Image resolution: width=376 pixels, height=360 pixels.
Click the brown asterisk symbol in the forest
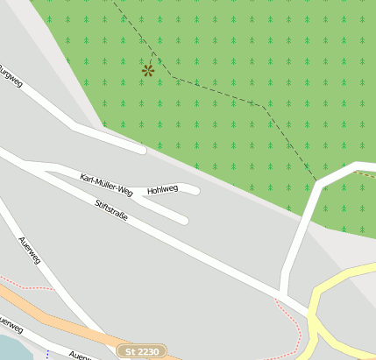point(148,70)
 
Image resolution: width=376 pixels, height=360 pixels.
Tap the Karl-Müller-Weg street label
point(106,184)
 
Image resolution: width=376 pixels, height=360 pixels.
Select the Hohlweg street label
point(163,188)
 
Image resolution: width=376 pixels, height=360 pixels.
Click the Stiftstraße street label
point(111,209)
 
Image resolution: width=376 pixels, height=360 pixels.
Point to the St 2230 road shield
point(142,351)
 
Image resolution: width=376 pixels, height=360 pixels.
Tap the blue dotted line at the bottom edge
point(47,355)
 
